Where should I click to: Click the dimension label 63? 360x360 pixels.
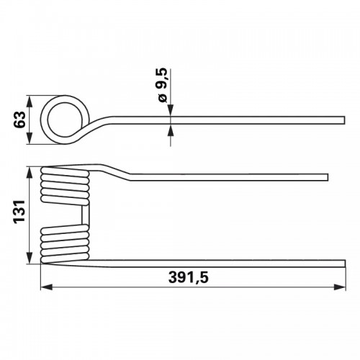point(20,120)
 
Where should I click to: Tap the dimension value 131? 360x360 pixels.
point(19,212)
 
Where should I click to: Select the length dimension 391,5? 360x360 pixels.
point(189,277)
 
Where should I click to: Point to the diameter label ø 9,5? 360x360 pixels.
point(163,85)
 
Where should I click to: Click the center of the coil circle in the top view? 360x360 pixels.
point(64,120)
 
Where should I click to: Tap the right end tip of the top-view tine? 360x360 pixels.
point(345,120)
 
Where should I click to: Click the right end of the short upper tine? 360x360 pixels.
point(328,177)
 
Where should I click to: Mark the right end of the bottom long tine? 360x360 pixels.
point(345,264)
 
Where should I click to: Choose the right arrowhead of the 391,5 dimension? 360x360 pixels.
point(340,287)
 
